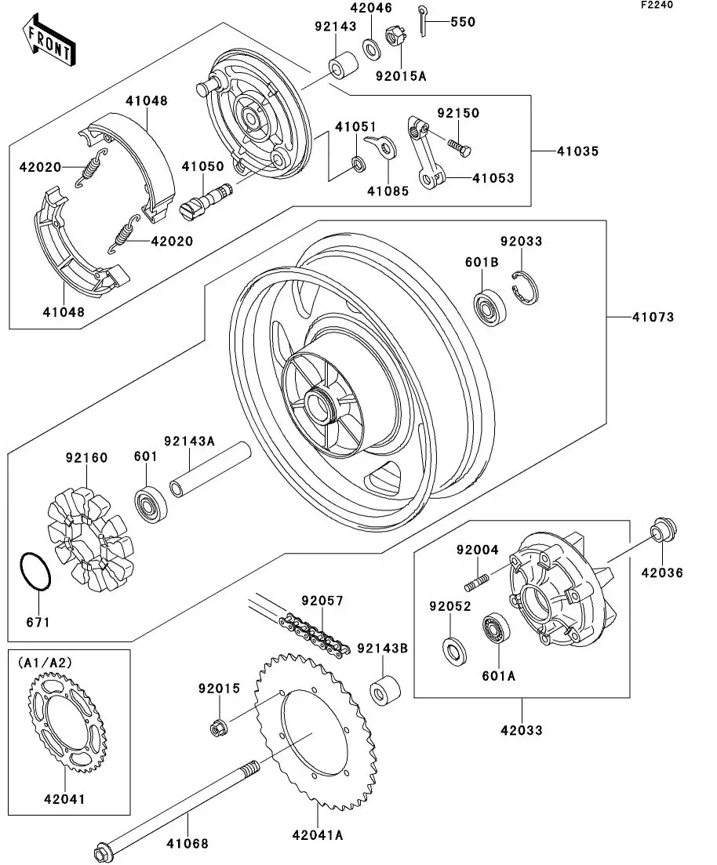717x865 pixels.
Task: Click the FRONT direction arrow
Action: [x=49, y=42]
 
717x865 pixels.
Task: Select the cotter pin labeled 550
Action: [x=424, y=22]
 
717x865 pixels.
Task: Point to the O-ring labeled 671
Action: [x=35, y=572]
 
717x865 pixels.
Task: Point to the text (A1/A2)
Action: [x=43, y=663]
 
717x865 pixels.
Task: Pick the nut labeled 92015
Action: [x=220, y=727]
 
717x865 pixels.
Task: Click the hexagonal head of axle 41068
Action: [x=101, y=852]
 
